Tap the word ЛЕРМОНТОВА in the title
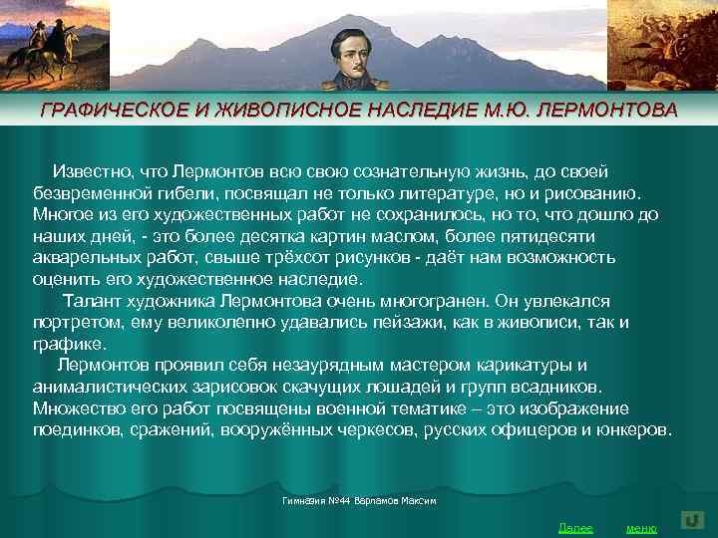605,110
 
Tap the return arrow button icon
693,519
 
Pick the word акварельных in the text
81,257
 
